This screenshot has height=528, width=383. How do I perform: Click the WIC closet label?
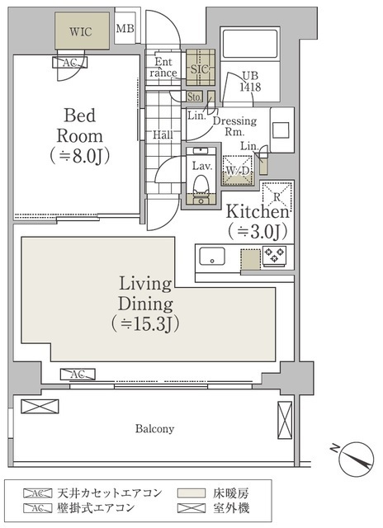click(81, 31)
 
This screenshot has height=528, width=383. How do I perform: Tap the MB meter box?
click(125, 29)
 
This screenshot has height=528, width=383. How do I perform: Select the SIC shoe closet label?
click(200, 69)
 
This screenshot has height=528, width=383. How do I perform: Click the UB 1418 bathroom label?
click(250, 82)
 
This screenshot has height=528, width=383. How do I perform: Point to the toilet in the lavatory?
click(201, 188)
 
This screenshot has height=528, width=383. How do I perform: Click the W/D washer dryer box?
click(238, 171)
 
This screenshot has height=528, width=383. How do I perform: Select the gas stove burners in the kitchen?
click(275, 254)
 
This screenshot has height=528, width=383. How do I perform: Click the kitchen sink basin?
click(212, 257)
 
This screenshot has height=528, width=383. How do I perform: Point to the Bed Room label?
click(80, 135)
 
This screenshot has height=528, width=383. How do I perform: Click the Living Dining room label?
click(145, 304)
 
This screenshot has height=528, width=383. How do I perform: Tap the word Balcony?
click(154, 429)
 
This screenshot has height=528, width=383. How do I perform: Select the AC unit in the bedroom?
click(69, 63)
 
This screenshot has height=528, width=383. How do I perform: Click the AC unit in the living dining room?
click(78, 374)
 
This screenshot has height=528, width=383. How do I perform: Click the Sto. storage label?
click(194, 97)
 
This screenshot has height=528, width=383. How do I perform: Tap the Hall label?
click(163, 135)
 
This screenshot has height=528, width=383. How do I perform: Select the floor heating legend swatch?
click(191, 493)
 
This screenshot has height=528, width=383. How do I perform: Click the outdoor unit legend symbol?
click(191, 508)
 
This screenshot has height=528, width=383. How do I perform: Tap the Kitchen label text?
click(258, 211)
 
